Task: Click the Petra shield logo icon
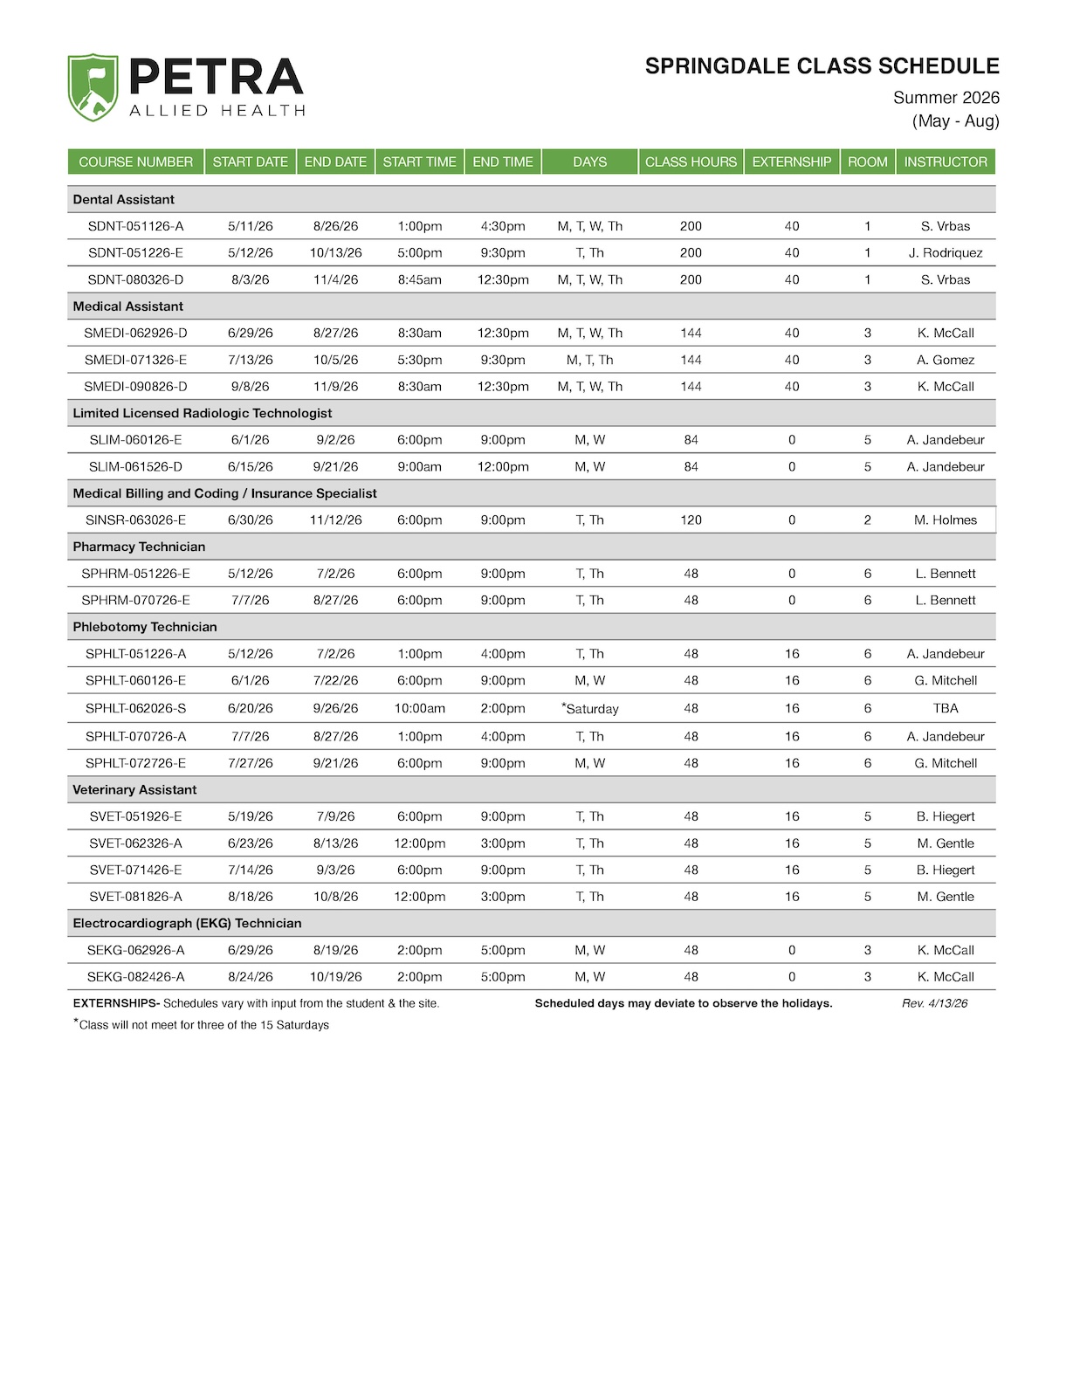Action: point(93,87)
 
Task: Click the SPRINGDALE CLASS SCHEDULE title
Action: point(822,66)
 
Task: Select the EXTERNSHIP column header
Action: point(791,162)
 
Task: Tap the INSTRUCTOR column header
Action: point(945,162)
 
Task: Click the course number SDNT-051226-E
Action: point(135,252)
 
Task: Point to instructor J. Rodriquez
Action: point(945,252)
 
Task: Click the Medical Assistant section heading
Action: point(128,306)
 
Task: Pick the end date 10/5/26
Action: point(335,360)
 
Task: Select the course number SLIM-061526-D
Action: point(135,466)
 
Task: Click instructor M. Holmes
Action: point(945,520)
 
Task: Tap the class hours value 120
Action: point(691,520)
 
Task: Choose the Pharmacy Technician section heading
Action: point(139,547)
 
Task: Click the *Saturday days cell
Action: point(590,708)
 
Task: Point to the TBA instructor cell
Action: point(945,708)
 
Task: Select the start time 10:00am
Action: point(419,708)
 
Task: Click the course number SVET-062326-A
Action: point(135,843)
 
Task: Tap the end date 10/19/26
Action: point(335,977)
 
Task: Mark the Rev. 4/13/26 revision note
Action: point(934,1003)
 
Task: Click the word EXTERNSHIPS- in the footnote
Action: point(116,1003)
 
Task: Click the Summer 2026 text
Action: point(946,98)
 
